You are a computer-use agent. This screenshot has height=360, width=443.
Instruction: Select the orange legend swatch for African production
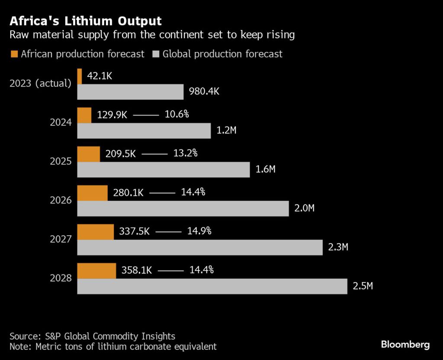(x=14, y=54)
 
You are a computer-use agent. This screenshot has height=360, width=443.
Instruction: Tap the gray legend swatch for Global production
(x=156, y=54)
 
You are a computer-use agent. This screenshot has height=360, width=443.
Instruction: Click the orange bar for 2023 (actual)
(x=80, y=76)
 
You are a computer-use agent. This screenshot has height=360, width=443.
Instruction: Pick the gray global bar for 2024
(x=144, y=131)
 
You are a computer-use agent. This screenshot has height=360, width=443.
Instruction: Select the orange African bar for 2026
(x=92, y=193)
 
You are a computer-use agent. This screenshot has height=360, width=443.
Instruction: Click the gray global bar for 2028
(x=212, y=286)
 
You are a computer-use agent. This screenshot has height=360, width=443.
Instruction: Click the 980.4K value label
(x=204, y=92)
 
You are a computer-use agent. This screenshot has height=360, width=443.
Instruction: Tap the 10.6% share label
(x=177, y=115)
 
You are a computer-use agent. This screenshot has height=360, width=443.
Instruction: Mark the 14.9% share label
(x=199, y=231)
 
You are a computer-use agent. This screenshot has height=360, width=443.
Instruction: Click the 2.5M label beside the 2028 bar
(x=363, y=286)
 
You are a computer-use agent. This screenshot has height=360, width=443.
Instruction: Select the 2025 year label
(x=61, y=162)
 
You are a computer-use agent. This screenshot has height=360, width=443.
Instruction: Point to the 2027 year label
(x=61, y=239)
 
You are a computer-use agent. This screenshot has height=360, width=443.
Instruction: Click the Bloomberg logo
(x=405, y=344)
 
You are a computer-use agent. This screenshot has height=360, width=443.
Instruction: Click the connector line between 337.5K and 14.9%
(x=168, y=232)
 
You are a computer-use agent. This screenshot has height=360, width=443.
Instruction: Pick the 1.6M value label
(x=266, y=169)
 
